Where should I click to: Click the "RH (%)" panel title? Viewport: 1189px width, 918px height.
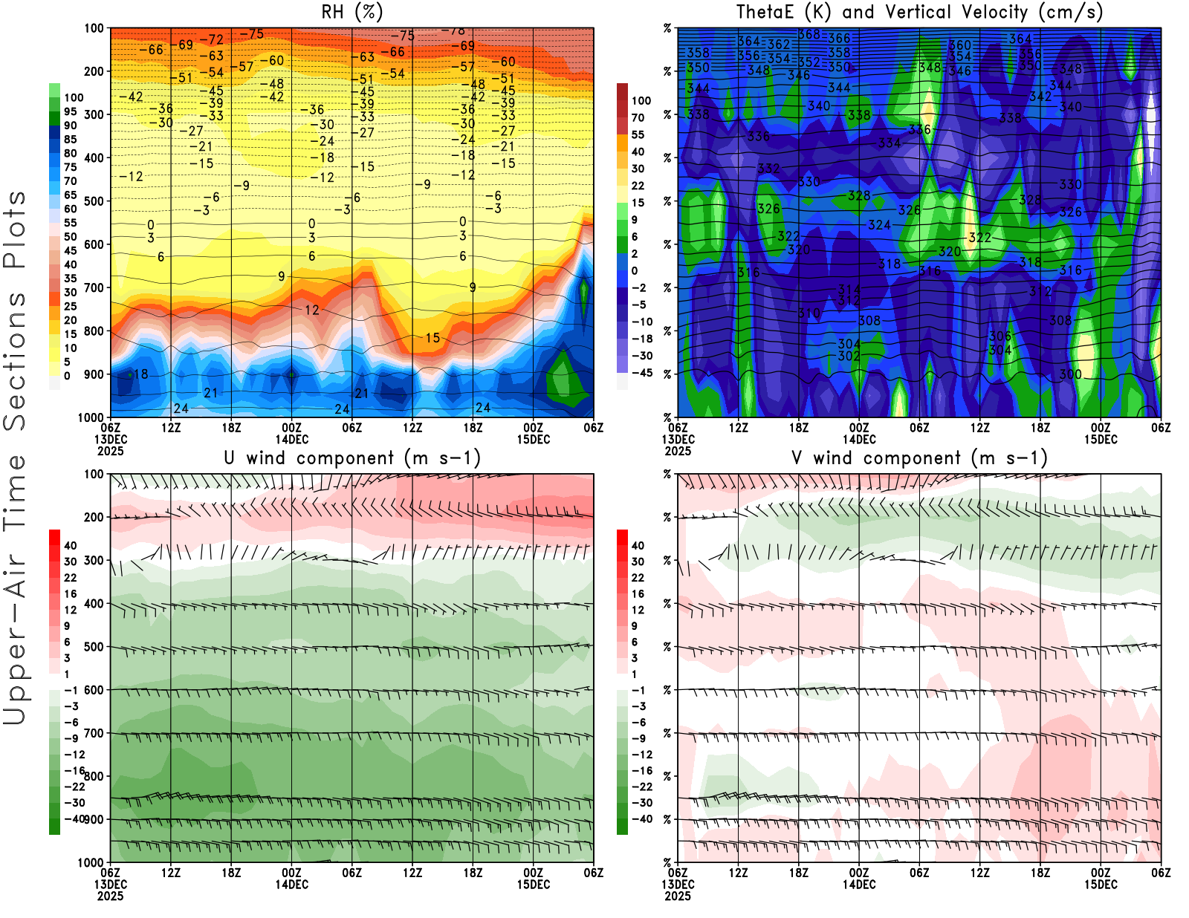click(x=352, y=12)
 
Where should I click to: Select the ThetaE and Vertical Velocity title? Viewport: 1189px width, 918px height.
click(x=919, y=12)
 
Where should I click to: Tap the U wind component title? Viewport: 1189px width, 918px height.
click(x=352, y=458)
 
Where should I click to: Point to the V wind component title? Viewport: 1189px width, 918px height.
click(x=919, y=458)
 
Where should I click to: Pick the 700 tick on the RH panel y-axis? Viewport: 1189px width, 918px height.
click(x=94, y=287)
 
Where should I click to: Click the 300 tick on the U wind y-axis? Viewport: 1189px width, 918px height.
click(x=94, y=560)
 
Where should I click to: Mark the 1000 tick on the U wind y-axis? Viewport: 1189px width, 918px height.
click(x=91, y=862)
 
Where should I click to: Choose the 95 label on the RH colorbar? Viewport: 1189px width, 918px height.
click(x=70, y=111)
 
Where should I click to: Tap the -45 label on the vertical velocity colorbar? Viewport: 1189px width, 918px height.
click(x=642, y=373)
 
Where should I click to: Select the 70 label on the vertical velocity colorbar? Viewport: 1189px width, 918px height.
click(x=638, y=117)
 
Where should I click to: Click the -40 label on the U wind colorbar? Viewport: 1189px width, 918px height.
click(x=74, y=818)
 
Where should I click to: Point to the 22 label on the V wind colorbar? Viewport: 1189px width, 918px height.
click(x=638, y=578)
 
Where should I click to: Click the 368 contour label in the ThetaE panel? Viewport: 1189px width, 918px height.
click(x=809, y=34)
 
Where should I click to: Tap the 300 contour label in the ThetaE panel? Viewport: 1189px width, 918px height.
click(x=1070, y=374)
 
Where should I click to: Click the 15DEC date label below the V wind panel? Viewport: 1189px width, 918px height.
click(x=1101, y=885)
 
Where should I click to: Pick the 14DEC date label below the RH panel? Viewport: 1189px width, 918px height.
click(x=291, y=439)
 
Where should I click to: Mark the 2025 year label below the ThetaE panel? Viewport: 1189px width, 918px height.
click(x=678, y=451)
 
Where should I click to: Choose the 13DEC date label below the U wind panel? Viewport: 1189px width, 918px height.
click(x=110, y=885)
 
